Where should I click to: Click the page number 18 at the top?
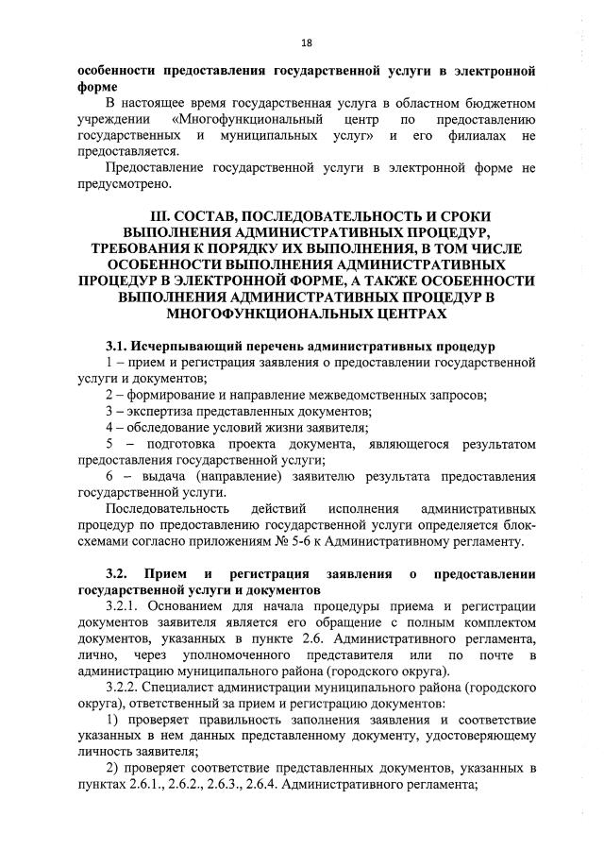[306, 42]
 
